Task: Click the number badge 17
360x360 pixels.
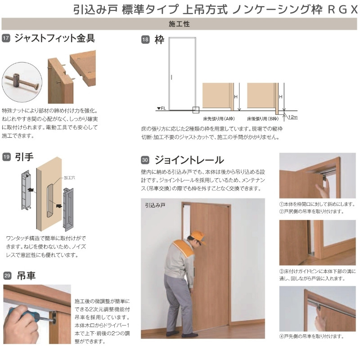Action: [6, 38]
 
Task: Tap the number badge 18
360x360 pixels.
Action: [145, 40]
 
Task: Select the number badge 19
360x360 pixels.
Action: [6, 157]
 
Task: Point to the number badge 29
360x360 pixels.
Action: [7, 275]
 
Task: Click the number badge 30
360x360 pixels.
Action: [145, 160]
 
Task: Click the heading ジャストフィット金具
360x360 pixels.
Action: [54, 38]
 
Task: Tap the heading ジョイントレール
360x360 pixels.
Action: [189, 160]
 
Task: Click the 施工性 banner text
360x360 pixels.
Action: [179, 24]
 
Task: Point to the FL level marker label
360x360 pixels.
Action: [162, 108]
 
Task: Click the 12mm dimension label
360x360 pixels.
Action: [293, 117]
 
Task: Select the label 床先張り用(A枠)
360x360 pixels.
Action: [219, 119]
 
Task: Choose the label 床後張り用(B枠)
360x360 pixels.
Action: [263, 119]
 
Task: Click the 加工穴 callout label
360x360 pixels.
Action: [69, 178]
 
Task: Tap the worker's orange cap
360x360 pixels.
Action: [198, 237]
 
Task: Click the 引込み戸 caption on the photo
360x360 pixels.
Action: [155, 205]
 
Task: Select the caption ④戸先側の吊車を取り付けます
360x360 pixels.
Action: [311, 337]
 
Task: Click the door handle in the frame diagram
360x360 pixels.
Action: [171, 77]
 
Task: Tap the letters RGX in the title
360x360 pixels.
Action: [343, 9]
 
